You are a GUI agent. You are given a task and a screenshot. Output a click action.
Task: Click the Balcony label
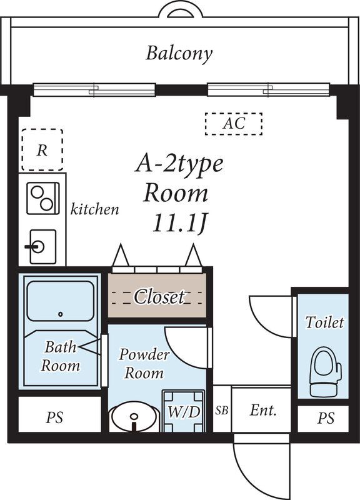point(179,53)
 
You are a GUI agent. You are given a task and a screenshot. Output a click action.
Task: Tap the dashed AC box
point(234,124)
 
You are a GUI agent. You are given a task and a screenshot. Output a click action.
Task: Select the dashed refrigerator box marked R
point(42,149)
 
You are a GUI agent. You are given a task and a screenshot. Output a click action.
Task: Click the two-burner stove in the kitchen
point(43,198)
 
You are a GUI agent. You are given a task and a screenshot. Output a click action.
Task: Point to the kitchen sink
point(42,247)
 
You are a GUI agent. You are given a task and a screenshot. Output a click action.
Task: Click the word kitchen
point(94,209)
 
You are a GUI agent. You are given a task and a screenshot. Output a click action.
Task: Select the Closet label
point(159,296)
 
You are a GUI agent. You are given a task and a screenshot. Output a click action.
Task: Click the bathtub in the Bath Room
point(61,301)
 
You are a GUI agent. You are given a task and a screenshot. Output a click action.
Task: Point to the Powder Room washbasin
point(134,417)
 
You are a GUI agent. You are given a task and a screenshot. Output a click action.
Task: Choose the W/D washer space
point(183,411)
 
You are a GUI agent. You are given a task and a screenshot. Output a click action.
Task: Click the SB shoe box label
point(222,410)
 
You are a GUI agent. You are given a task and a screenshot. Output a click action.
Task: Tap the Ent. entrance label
point(263,411)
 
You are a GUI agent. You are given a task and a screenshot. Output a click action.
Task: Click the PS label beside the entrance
point(326,417)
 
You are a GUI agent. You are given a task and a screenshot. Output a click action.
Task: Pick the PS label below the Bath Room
point(54,417)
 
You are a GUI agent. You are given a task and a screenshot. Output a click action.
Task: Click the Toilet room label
point(324,322)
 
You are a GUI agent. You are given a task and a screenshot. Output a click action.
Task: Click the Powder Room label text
point(144,364)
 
